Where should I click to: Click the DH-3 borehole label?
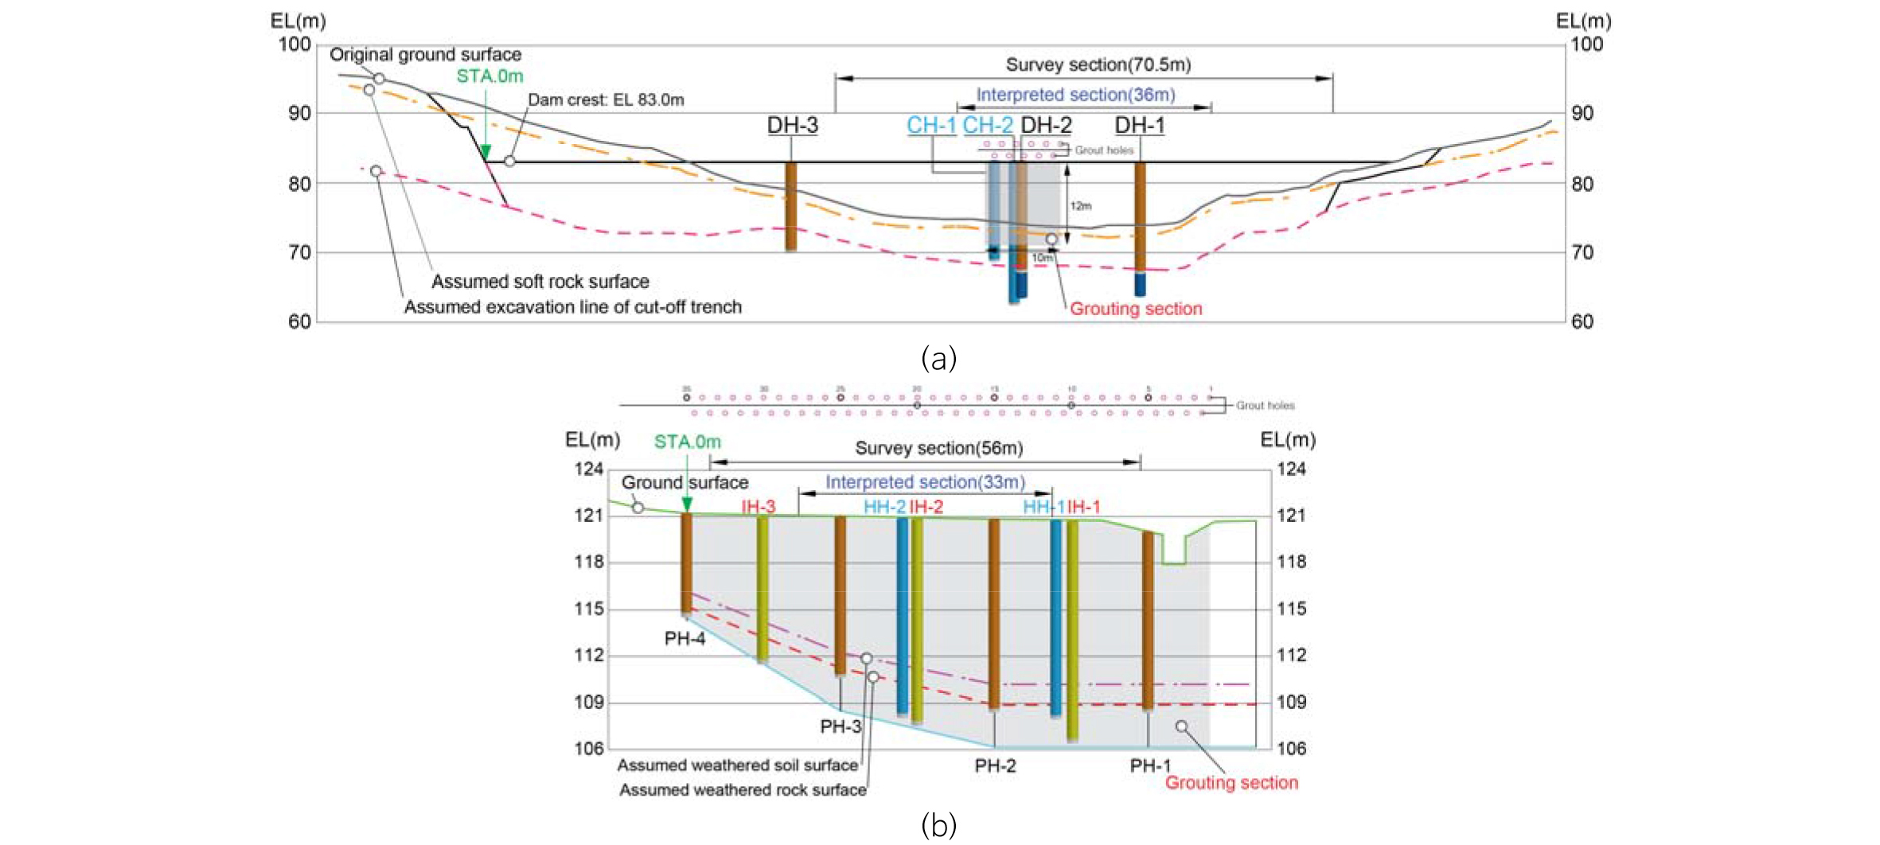[792, 126]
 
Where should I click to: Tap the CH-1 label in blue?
[931, 126]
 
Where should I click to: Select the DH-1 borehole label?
[1139, 126]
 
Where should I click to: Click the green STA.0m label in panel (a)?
[490, 76]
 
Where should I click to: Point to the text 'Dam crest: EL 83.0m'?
[606, 100]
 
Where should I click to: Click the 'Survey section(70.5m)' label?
[1098, 64]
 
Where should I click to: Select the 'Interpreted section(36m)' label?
[1075, 95]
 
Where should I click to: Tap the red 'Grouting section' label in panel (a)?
[1135, 309]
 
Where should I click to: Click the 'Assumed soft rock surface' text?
[540, 282]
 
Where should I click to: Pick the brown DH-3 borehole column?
[790, 207]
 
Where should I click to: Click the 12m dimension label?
[1080, 206]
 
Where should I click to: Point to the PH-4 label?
[685, 639]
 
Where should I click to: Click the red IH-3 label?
[758, 507]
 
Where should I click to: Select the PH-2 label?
[995, 766]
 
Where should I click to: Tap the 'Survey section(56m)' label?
[938, 449]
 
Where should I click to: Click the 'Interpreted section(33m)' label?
[925, 482]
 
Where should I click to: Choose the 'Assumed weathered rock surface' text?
[743, 790]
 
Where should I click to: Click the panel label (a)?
[938, 359]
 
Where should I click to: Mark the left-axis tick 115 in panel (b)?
[589, 609]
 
